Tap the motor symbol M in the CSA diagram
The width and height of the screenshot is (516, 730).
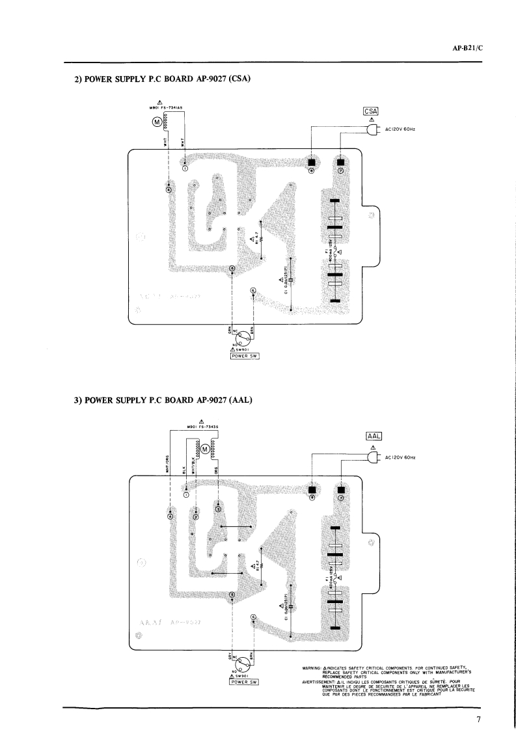pos(156,122)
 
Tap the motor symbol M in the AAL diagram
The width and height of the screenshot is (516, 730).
pos(205,449)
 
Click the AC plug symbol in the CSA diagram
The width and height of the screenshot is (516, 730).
pos(372,129)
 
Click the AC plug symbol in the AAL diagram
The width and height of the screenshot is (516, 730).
pos(372,457)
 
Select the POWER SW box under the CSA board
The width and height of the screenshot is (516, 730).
pos(241,362)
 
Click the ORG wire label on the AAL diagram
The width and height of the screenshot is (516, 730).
pos(217,468)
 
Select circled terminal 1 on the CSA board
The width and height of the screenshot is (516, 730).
pos(185,168)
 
